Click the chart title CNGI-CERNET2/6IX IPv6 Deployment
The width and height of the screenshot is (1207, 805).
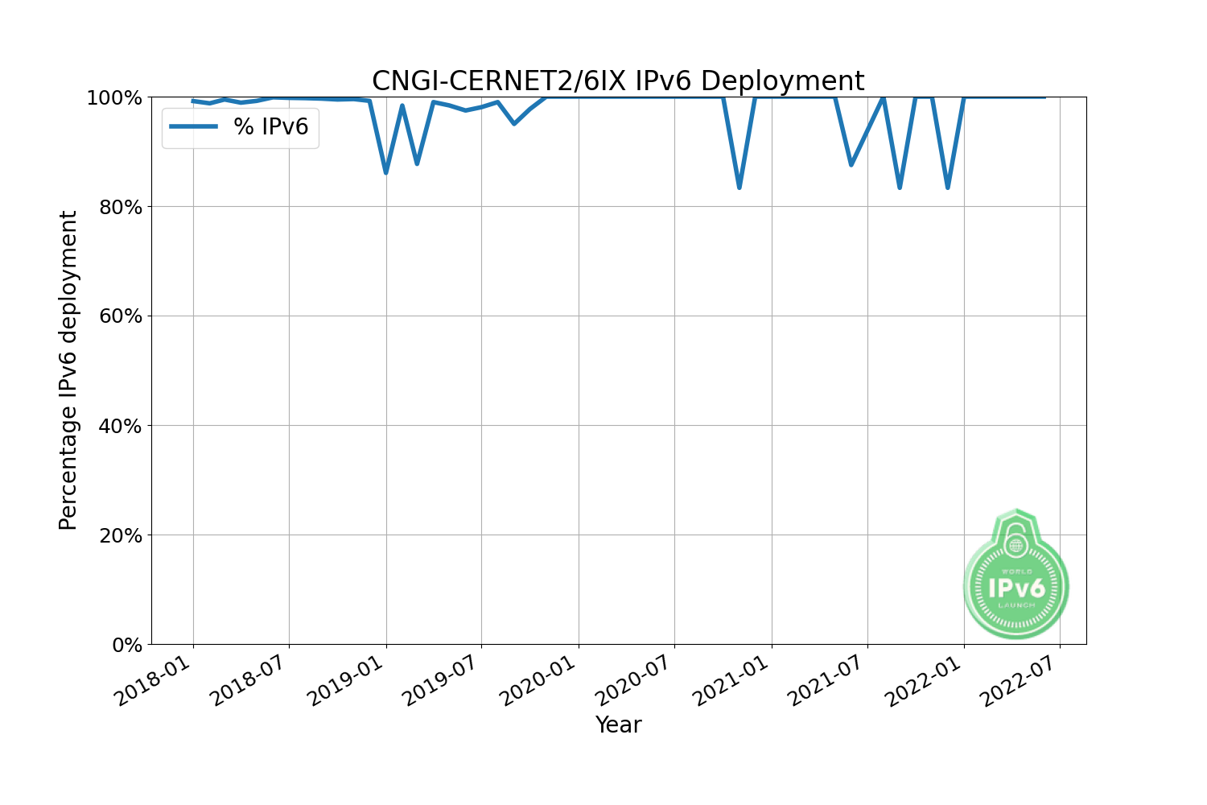click(617, 81)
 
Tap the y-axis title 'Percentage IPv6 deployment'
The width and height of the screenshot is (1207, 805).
click(68, 370)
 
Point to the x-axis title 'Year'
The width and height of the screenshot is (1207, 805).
click(618, 724)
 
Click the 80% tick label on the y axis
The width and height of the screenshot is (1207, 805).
click(120, 207)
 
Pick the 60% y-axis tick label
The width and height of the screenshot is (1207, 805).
click(120, 316)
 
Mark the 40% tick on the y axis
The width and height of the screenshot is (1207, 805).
click(120, 426)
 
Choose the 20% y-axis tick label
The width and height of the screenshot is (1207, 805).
click(120, 535)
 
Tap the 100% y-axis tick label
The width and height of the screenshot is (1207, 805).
click(114, 97)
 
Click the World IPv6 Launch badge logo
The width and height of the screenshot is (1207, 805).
click(1016, 576)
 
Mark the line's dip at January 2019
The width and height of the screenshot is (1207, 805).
click(386, 172)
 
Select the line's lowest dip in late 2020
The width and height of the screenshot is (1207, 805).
click(739, 188)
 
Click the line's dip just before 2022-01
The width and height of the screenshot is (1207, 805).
click(948, 188)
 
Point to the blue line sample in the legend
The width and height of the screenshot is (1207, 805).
click(194, 127)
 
